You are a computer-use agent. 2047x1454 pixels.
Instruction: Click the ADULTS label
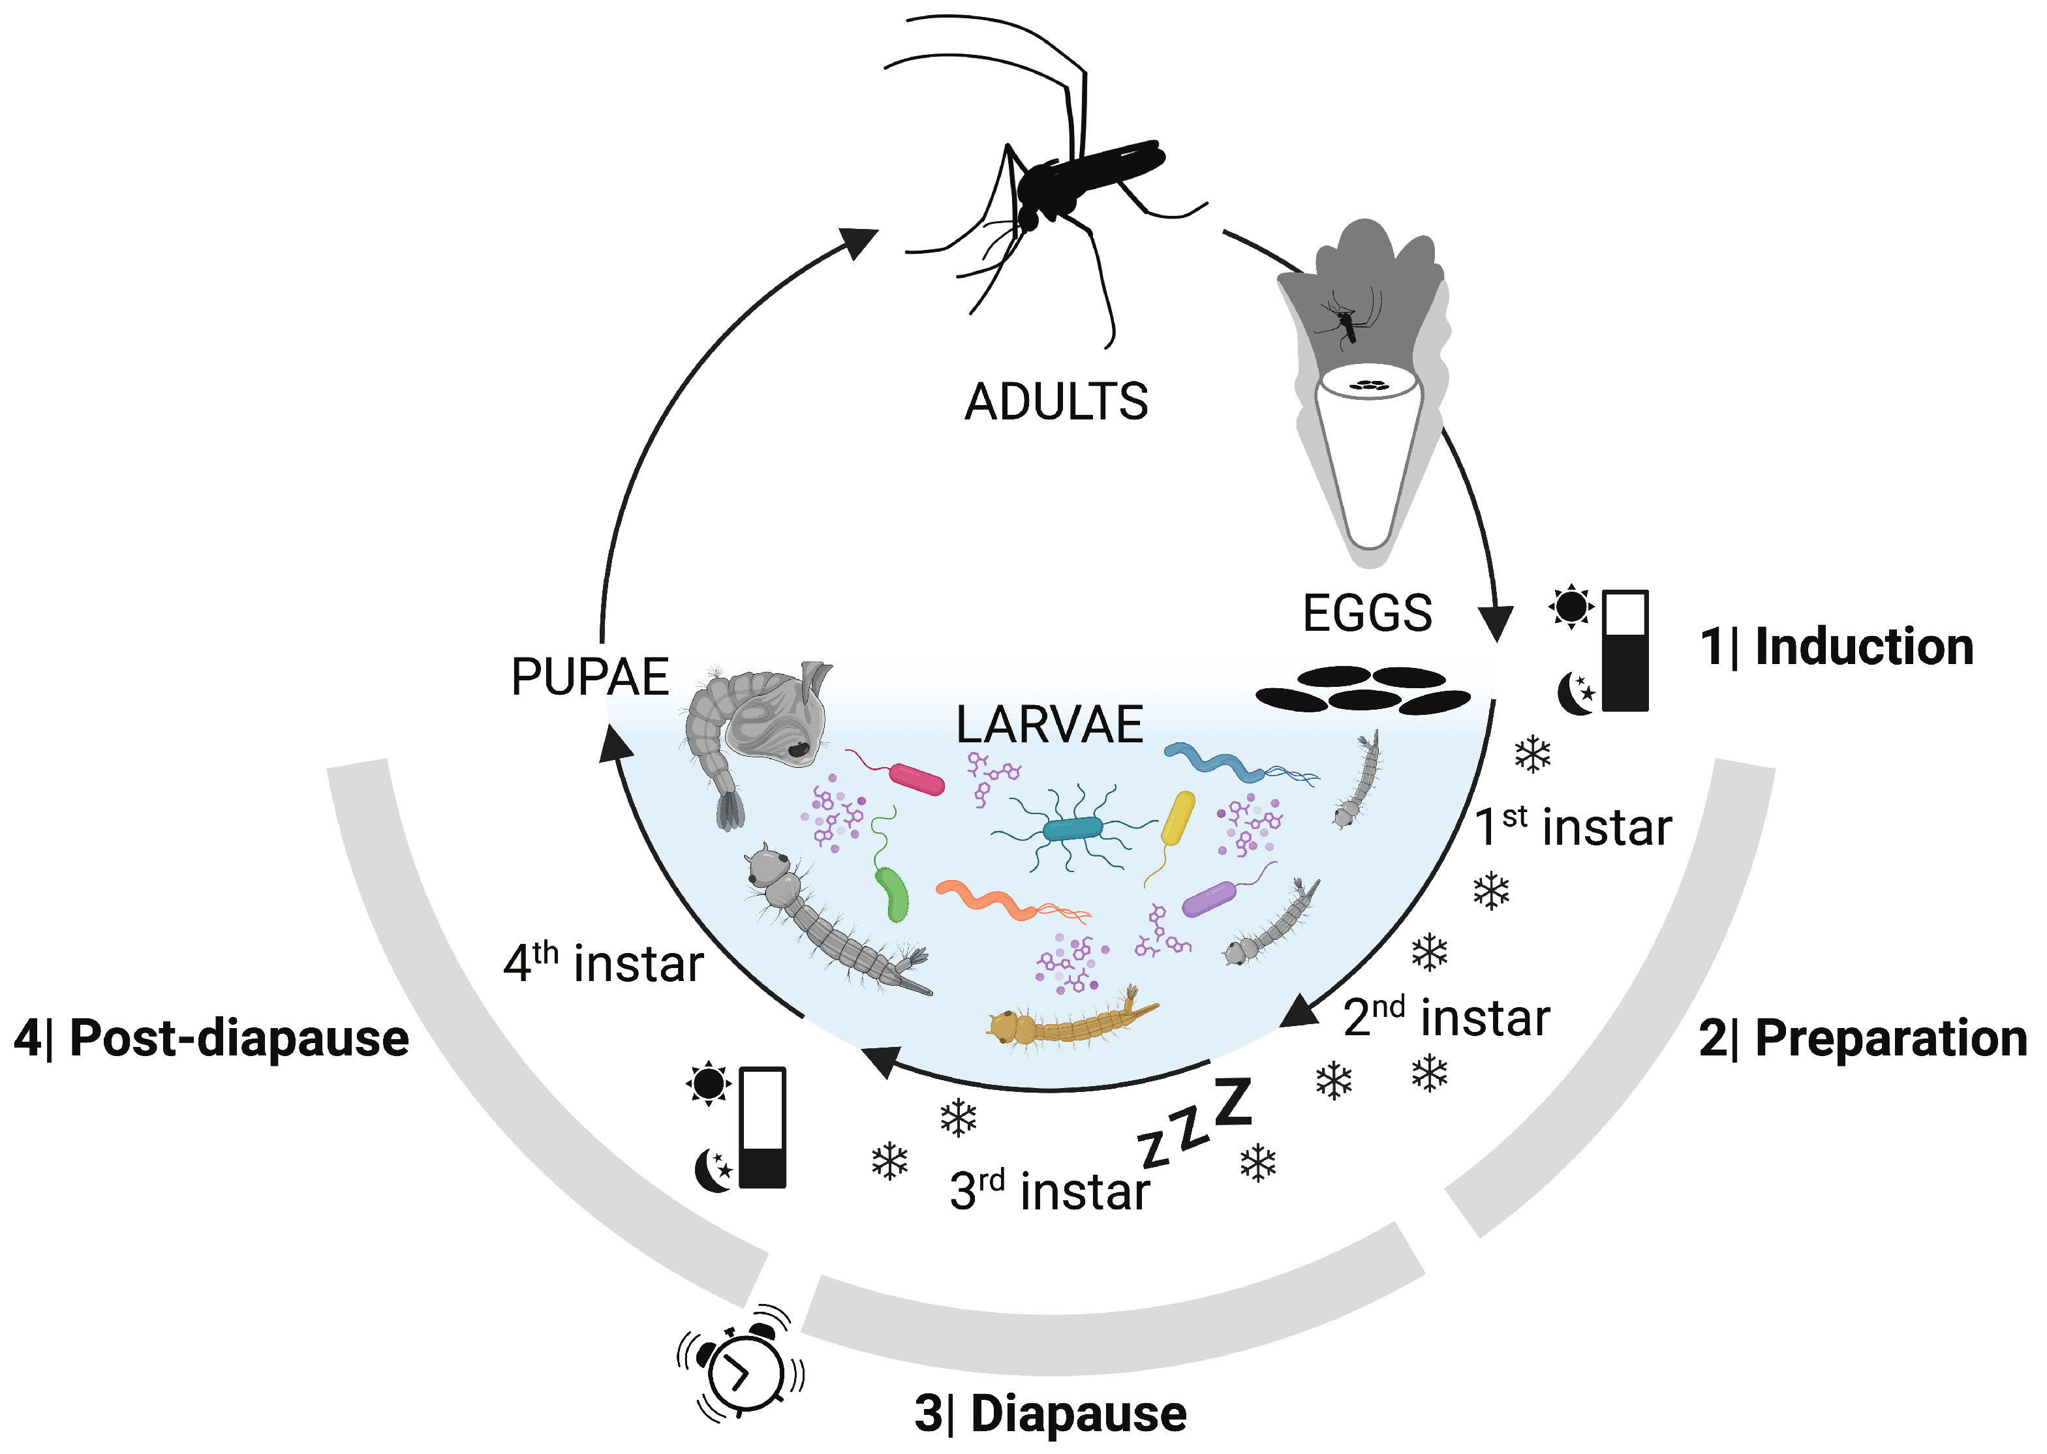click(x=1056, y=401)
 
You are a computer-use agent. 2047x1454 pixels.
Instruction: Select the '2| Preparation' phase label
click(x=1862, y=1038)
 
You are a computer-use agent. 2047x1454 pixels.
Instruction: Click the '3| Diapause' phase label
click(x=1051, y=1414)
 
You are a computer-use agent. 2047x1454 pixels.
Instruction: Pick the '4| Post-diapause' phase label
click(x=211, y=1038)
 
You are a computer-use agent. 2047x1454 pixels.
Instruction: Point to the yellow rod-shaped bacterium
click(x=1178, y=817)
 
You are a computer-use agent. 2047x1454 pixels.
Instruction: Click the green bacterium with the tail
click(x=892, y=892)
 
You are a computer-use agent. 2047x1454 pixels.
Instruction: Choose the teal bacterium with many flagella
click(x=1072, y=828)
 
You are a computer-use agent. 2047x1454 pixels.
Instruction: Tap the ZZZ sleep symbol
click(x=1195, y=1124)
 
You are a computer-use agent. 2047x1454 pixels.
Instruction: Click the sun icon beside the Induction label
click(x=1571, y=607)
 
